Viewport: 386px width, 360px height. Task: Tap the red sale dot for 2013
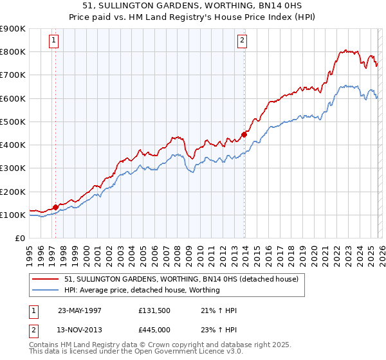244,134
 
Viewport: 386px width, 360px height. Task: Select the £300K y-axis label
13,168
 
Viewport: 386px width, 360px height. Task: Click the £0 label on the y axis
19,238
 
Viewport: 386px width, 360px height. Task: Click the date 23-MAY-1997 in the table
80,310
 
